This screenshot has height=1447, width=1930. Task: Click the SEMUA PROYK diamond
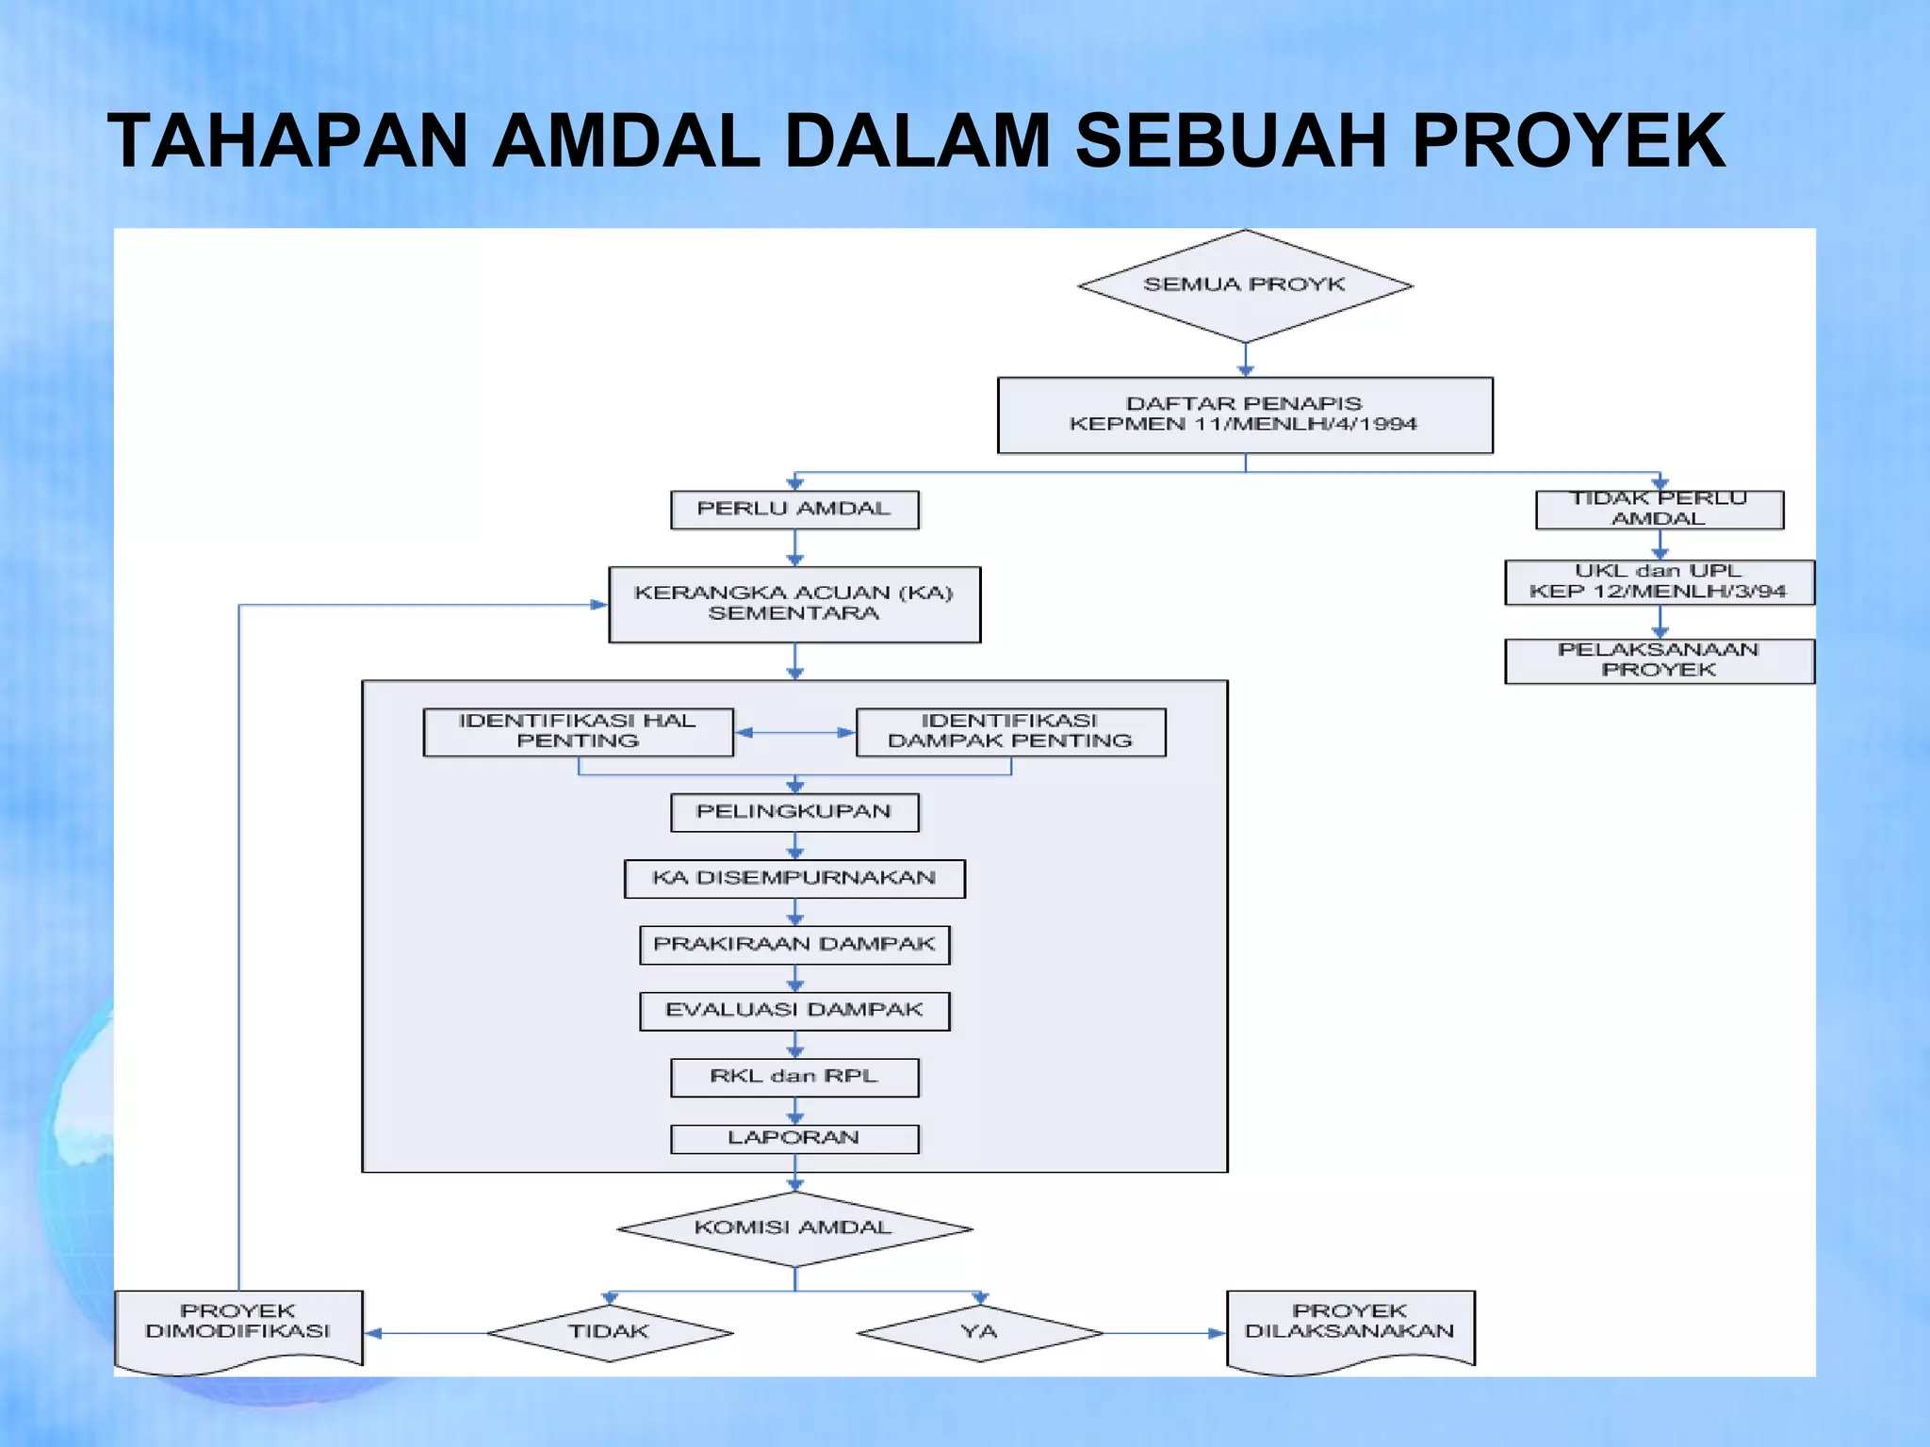1245,285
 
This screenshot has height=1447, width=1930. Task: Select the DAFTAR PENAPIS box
1245,415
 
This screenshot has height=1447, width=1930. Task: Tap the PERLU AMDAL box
794,510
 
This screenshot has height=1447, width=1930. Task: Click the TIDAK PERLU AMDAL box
1659,510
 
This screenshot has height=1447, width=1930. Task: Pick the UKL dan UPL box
1659,582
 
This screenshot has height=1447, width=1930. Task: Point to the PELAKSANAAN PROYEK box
1659,660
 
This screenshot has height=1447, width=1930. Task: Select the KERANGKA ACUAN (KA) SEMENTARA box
794,604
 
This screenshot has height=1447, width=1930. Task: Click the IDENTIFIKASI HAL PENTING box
578,732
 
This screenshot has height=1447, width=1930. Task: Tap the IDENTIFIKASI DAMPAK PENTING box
1010,732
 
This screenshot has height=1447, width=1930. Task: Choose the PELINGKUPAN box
794,812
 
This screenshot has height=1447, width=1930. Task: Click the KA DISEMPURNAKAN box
794,878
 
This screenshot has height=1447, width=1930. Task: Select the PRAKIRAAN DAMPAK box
794,945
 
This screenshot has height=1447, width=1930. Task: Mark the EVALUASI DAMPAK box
794,1011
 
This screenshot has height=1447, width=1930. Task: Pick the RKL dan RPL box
794,1077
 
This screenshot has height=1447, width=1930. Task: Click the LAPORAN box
794,1138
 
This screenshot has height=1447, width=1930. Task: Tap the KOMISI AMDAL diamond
794,1228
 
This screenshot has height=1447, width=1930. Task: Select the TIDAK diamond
610,1332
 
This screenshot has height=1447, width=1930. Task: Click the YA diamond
980,1332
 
